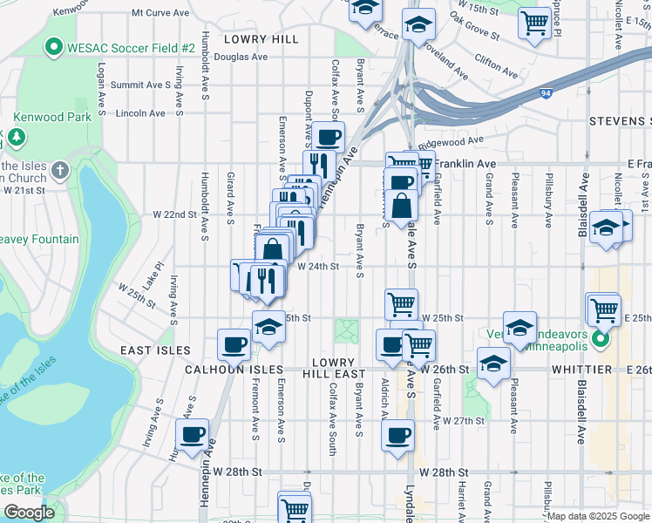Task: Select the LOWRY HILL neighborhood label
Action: (261, 39)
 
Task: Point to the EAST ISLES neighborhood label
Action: (156, 350)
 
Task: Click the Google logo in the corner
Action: (29, 513)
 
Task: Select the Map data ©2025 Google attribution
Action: (598, 516)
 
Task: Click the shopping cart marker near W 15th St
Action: (533, 21)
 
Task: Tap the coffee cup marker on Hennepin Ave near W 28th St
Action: (192, 433)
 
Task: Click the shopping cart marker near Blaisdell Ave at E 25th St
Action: (603, 309)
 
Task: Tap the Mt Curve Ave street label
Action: (160, 13)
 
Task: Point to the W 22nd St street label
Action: (175, 214)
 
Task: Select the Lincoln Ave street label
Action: (140, 113)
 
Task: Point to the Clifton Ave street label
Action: (495, 61)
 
